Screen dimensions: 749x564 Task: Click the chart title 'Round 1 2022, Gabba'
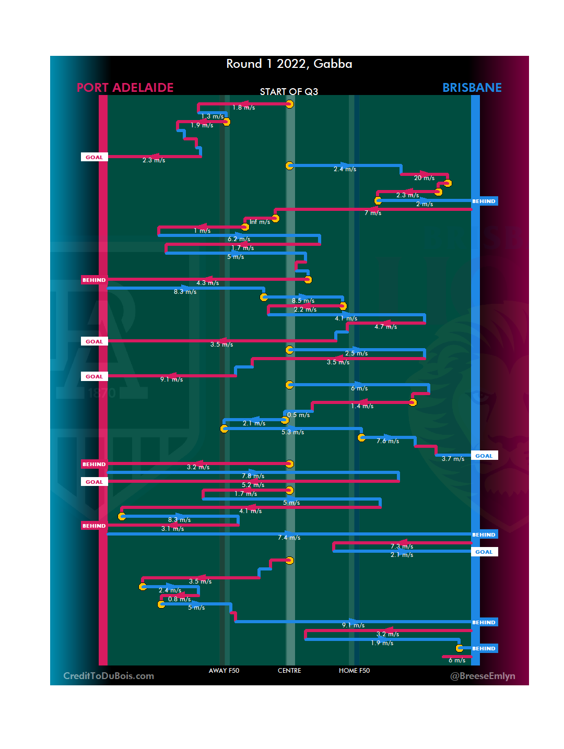click(x=289, y=64)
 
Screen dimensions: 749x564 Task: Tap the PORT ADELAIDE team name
click(x=125, y=88)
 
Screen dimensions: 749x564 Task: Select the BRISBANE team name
click(x=472, y=88)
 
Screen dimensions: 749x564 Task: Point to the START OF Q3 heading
click(x=289, y=92)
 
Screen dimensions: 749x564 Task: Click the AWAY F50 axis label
click(x=224, y=671)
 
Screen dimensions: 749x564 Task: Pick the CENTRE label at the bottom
click(x=289, y=671)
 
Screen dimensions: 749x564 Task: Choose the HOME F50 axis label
click(x=354, y=671)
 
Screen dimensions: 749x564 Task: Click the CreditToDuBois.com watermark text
click(x=109, y=676)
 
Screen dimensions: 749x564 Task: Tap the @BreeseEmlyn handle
click(x=483, y=676)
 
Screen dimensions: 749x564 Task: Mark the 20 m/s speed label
click(x=424, y=178)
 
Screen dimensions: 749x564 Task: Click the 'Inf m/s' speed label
click(x=260, y=222)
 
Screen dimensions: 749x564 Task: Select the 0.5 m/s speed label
click(x=298, y=415)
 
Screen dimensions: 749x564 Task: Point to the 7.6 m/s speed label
click(x=387, y=441)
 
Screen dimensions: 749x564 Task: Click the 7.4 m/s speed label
click(x=289, y=538)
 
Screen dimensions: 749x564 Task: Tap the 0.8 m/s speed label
click(x=179, y=599)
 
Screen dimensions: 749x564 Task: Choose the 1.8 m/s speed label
click(x=243, y=108)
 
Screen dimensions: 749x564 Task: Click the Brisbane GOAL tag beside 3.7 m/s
click(x=484, y=456)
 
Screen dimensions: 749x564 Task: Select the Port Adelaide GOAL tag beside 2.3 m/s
click(x=94, y=157)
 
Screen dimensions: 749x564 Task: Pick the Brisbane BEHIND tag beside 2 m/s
click(x=484, y=201)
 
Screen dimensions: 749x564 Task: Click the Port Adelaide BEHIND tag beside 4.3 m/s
click(x=94, y=280)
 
